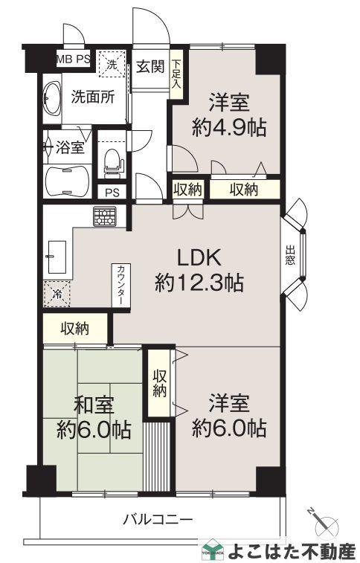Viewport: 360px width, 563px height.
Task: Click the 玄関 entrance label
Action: (150, 68)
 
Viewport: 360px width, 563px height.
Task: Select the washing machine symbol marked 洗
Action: (113, 63)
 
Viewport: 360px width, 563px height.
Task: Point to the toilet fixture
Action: (112, 161)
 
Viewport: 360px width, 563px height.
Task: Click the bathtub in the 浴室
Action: (67, 178)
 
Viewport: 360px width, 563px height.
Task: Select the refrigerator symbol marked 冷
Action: (57, 293)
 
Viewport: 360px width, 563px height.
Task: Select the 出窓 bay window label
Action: (290, 256)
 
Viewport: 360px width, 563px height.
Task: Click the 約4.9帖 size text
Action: (229, 127)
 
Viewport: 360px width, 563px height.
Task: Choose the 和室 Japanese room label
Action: (94, 405)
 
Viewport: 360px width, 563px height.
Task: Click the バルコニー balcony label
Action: (158, 519)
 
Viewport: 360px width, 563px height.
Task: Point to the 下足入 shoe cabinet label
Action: (176, 73)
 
